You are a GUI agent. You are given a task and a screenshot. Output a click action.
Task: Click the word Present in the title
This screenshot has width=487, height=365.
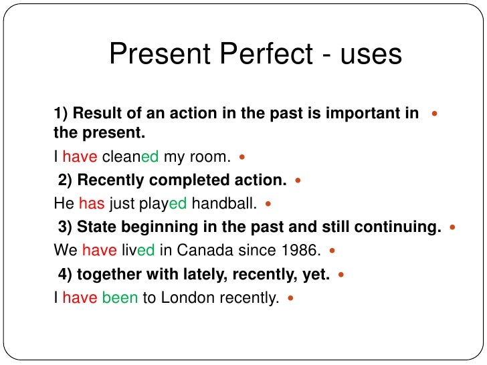[x=155, y=54]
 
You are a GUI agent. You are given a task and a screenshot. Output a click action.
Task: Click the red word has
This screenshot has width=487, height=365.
[x=92, y=204]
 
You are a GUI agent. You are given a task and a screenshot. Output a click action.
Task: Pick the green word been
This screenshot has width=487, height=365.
[x=120, y=298]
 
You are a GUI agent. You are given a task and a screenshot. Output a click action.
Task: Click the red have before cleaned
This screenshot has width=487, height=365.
[x=80, y=157]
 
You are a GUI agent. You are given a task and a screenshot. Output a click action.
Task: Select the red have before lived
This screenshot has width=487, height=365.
[x=99, y=251]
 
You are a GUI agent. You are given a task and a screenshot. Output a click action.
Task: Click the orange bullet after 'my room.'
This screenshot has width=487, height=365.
[x=241, y=158]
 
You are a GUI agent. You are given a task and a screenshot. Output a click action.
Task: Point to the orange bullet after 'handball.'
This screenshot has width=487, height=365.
[x=268, y=205]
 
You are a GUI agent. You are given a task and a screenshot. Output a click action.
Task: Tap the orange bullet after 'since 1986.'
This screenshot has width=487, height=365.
[x=332, y=251]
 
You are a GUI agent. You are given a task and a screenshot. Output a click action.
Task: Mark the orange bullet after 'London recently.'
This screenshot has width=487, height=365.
[x=290, y=298]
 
